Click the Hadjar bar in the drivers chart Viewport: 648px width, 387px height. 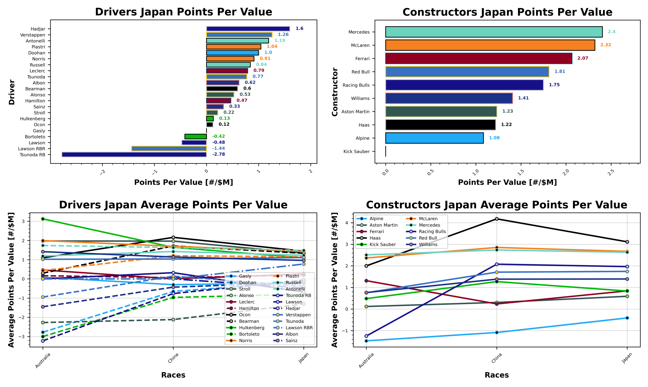click(248, 29)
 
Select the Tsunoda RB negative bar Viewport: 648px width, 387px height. click(134, 154)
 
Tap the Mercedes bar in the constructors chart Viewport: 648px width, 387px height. click(494, 32)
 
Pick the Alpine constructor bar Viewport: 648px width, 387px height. click(434, 138)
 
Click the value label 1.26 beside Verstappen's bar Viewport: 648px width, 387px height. click(283, 35)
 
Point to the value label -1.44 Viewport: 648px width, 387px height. click(218, 148)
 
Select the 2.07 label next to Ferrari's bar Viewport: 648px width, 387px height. click(582, 58)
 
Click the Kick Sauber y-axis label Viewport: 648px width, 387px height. click(356, 152)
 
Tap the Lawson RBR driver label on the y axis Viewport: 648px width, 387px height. click(32, 149)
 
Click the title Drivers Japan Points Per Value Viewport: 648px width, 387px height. click(183, 12)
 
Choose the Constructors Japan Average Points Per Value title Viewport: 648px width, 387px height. click(496, 205)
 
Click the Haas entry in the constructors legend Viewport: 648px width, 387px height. click(375, 238)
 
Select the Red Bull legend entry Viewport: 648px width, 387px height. click(428, 238)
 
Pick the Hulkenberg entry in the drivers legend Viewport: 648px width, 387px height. click(251, 328)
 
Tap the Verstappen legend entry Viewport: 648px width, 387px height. click(298, 315)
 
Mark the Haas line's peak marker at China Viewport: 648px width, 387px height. click(496, 219)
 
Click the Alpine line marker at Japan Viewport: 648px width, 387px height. click(627, 318)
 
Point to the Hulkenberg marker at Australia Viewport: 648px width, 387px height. click(43, 219)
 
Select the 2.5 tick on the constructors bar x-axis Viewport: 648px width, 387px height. click(611, 172)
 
